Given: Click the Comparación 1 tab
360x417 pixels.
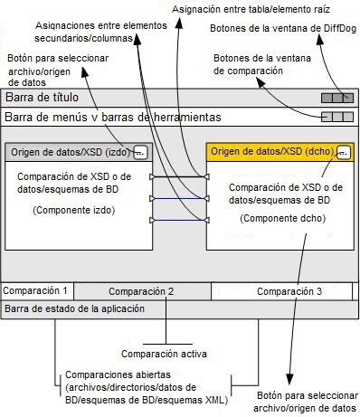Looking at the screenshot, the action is coord(36,290).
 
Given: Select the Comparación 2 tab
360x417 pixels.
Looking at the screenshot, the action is coord(141,291).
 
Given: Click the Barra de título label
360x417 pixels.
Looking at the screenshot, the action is coord(43,97).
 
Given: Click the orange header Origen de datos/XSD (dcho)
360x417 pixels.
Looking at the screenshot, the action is coord(271,151).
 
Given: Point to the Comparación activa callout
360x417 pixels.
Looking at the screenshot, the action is coord(164,354).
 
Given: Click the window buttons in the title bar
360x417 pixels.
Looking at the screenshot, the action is coord(335,97).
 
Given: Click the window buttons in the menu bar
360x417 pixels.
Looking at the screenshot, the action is coord(335,117).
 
